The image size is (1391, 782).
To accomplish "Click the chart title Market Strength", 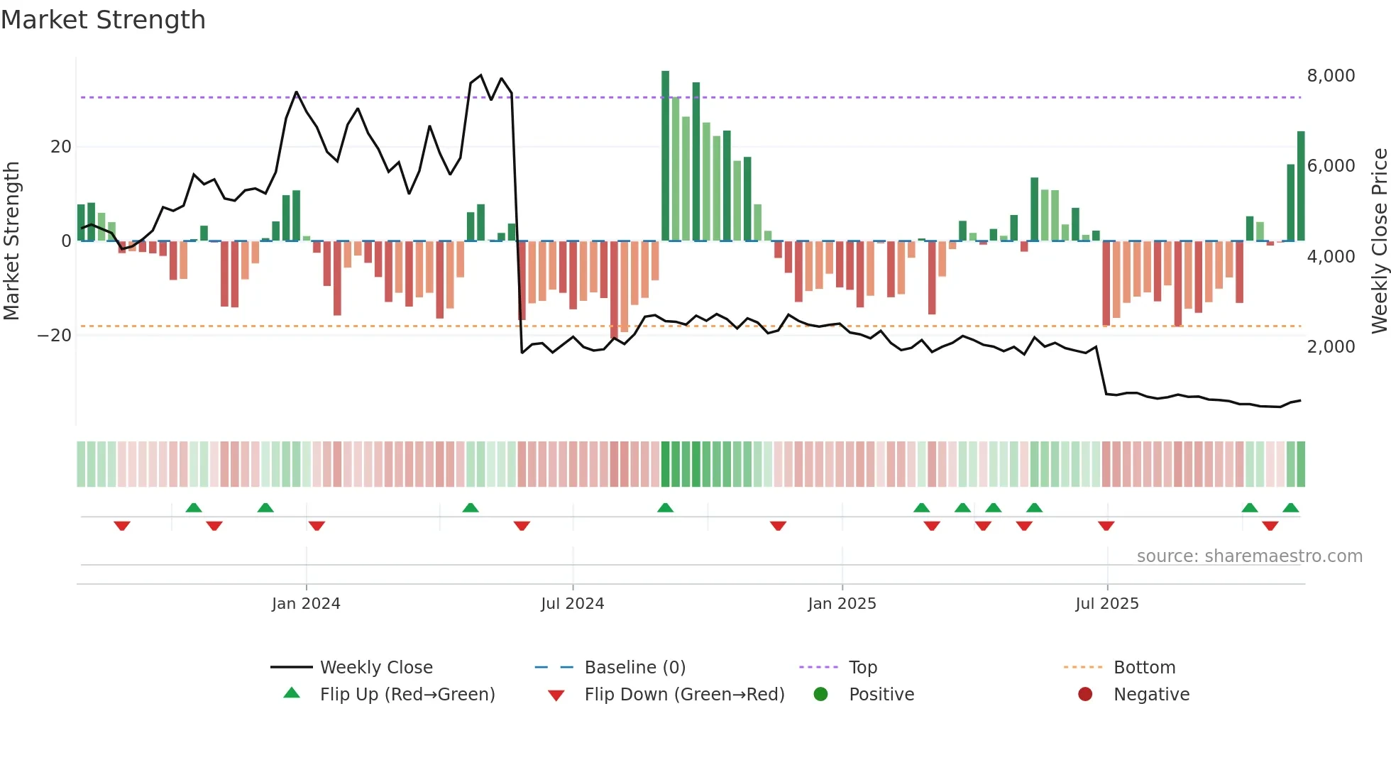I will point(103,20).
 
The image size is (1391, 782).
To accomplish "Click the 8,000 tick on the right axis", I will point(1331,75).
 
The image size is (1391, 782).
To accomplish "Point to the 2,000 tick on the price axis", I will point(1331,346).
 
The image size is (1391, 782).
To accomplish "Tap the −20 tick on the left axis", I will point(55,335).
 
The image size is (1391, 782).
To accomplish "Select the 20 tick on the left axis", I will point(61,146).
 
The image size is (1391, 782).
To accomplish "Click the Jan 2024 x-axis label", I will point(306,603).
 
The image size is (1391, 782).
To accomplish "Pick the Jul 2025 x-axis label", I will point(1106,603).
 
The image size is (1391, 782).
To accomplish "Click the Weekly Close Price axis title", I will point(1379,241).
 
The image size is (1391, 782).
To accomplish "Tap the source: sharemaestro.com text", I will point(1249,556).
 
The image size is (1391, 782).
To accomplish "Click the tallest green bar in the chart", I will point(665,156).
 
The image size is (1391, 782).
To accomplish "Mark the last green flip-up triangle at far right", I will point(1291,507).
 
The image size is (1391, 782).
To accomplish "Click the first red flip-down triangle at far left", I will point(122,526).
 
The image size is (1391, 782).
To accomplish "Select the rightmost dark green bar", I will point(1301,186).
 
